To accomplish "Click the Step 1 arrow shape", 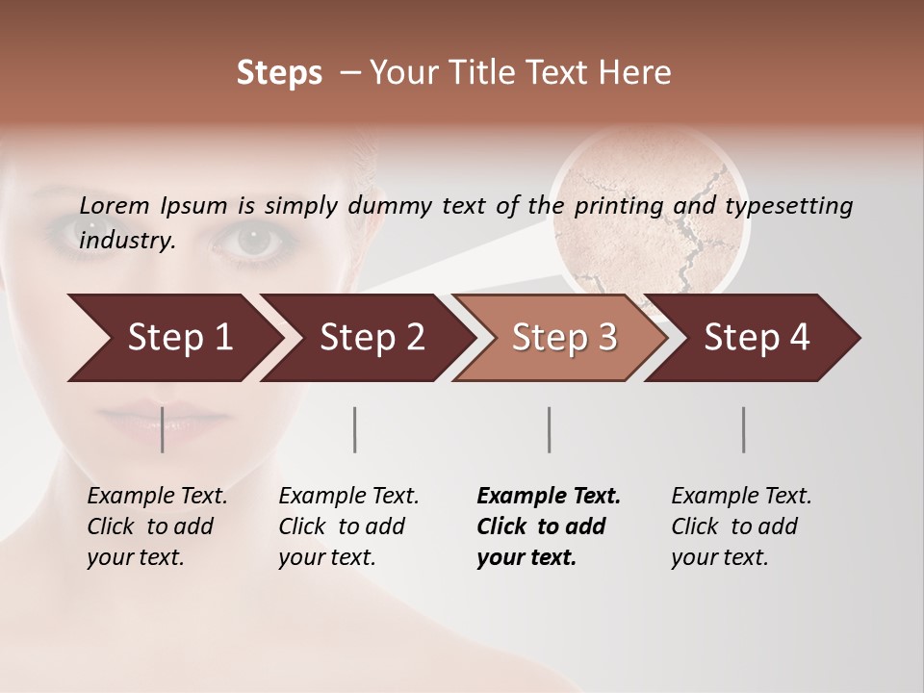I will pyautogui.click(x=173, y=338).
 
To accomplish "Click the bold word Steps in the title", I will pyautogui.click(x=279, y=73).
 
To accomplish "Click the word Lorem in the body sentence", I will pyautogui.click(x=114, y=205).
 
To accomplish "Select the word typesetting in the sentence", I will pyautogui.click(x=788, y=205).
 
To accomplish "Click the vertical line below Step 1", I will pyautogui.click(x=162, y=429).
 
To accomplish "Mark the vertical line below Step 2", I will pyautogui.click(x=355, y=429).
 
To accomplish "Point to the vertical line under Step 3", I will pyautogui.click(x=549, y=429).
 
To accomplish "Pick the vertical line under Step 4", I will pyautogui.click(x=743, y=429).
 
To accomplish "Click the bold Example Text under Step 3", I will pyautogui.click(x=549, y=497).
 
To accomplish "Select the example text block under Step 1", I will pyautogui.click(x=157, y=526).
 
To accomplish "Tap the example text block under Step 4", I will pyautogui.click(x=741, y=526).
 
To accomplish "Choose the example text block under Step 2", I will pyautogui.click(x=348, y=526).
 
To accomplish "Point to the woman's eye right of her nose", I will pyautogui.click(x=253, y=238).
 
